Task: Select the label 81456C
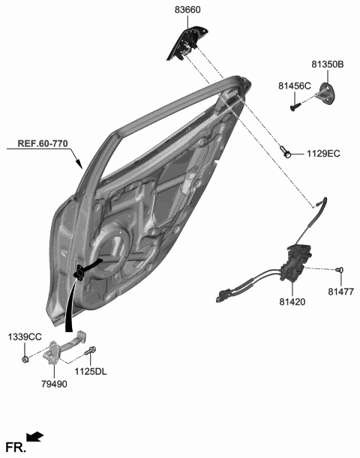[294, 86]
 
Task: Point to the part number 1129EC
[322, 154]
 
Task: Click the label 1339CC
[25, 337]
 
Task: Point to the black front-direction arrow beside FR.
[35, 436]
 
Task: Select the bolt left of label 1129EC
[288, 154]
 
